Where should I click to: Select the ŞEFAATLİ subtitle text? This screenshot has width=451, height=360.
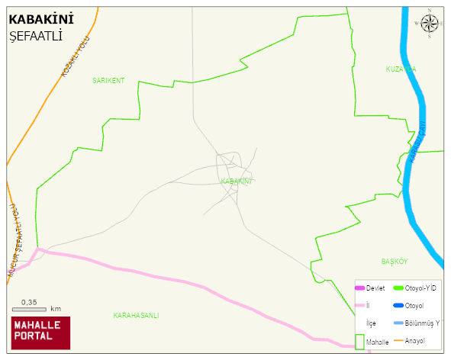coord(36,36)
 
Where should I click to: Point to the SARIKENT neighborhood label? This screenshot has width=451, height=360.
coord(108,80)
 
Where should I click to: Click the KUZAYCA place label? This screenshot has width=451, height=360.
coord(401,69)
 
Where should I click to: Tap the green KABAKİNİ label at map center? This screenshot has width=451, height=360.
coord(236,182)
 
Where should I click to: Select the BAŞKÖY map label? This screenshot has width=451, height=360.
coord(395,262)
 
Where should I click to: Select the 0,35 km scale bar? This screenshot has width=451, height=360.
coord(35,309)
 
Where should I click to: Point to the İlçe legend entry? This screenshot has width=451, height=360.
coord(371,323)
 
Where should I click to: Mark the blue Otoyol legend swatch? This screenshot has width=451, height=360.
coord(397,306)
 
